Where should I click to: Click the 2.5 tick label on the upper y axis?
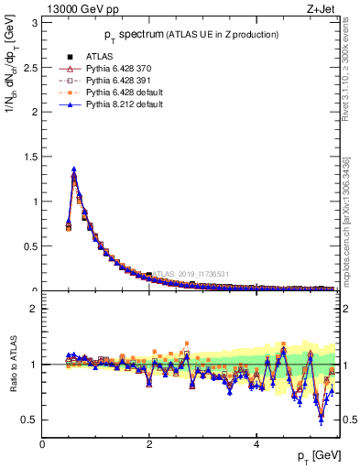point(30,66)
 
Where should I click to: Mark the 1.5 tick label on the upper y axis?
point(30,156)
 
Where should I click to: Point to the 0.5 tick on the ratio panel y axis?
point(30,420)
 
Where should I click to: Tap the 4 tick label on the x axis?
point(256,444)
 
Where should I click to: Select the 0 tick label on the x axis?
point(43,444)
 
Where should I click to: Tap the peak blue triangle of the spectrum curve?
point(74,169)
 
